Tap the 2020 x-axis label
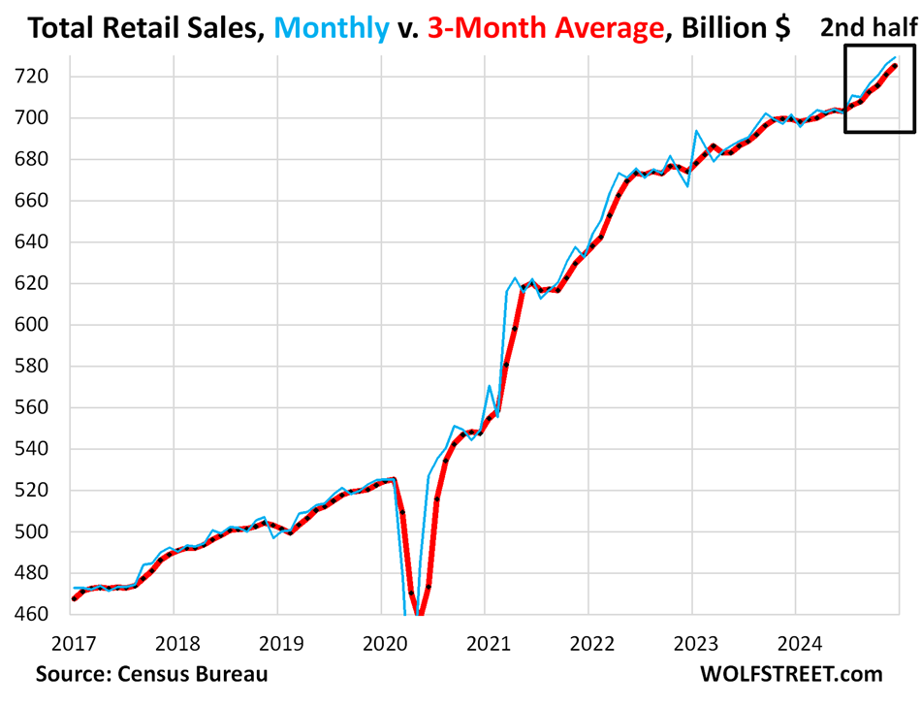click(380, 641)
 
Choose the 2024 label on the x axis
click(795, 641)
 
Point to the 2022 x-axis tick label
click(588, 641)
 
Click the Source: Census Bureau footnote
click(151, 674)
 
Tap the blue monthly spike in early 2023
click(697, 131)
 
